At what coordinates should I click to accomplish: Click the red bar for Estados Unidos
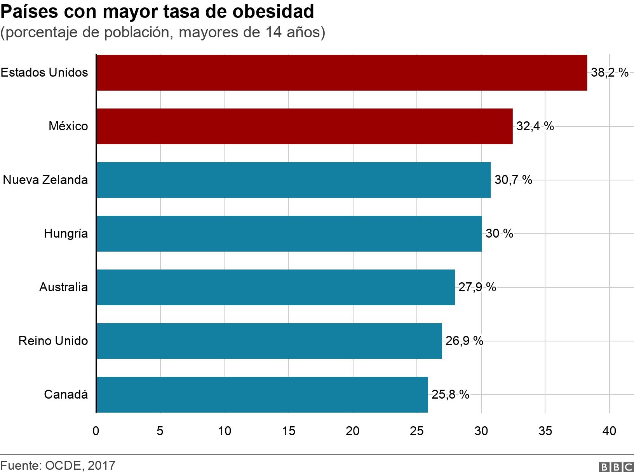342,73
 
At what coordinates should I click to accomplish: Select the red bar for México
305,126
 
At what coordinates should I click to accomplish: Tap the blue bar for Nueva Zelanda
294,180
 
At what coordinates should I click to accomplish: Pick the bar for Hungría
289,234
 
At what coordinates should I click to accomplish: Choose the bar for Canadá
262,395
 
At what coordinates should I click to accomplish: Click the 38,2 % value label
610,73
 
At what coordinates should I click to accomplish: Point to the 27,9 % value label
477,287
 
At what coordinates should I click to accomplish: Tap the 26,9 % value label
464,341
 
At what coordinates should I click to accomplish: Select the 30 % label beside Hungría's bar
499,234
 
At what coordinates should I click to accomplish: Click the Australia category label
64,287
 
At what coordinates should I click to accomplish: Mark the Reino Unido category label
53,341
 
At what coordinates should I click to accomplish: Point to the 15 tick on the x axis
289,431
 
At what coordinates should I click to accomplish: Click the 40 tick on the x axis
609,431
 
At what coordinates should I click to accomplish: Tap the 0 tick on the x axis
96,431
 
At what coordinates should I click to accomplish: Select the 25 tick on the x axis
417,431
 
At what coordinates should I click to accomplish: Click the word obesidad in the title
273,12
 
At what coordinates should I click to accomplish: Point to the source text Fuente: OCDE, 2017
58,465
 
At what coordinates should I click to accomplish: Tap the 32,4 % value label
535,126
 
